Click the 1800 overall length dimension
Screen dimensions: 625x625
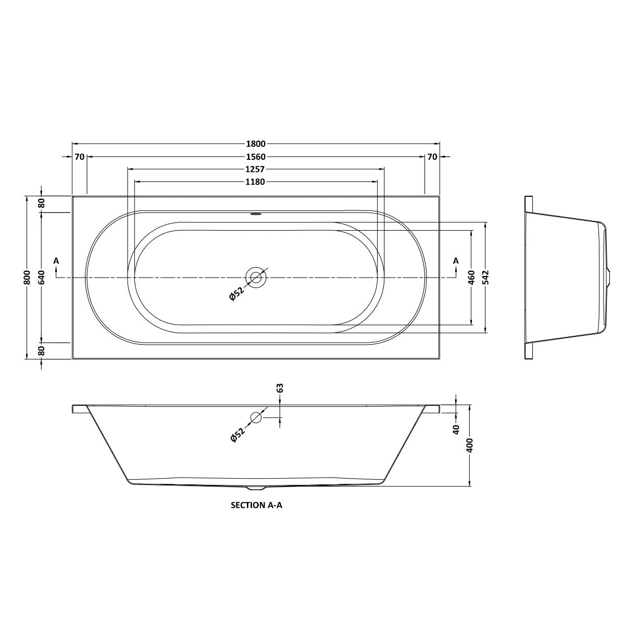[256, 144]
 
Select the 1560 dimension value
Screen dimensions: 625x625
[256, 157]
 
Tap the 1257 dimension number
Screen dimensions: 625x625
[256, 169]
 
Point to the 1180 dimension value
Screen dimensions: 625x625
[256, 182]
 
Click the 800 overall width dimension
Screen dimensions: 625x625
[28, 277]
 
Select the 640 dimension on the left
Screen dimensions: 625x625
[42, 277]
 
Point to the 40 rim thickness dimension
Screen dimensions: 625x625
[456, 429]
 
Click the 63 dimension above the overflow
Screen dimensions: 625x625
[280, 388]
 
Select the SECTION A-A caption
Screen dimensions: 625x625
[256, 505]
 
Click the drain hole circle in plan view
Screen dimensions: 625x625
[256, 277]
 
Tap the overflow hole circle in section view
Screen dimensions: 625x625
[256, 417]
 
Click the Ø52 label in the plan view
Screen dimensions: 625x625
[236, 294]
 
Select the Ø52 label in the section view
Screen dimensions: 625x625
[237, 434]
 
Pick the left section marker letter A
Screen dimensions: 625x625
[56, 260]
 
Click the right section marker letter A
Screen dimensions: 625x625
[456, 260]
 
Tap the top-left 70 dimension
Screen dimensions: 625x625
[79, 157]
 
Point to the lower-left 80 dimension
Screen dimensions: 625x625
[42, 351]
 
